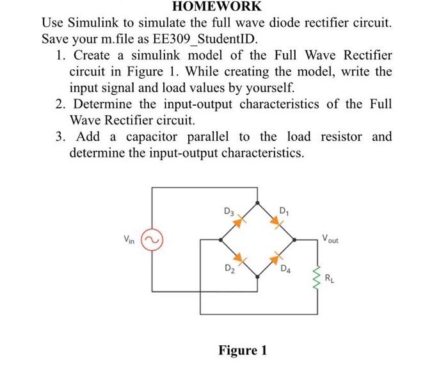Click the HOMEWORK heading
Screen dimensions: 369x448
point(224,6)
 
